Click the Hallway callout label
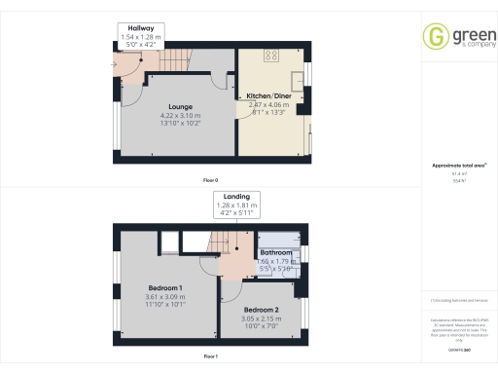(138, 28)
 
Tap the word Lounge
(178, 106)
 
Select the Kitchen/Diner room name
(268, 95)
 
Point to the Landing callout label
(235, 197)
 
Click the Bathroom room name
(275, 252)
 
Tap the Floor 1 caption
(210, 357)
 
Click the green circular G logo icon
(434, 36)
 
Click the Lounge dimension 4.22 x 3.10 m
(178, 116)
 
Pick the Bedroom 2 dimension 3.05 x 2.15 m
(259, 318)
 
